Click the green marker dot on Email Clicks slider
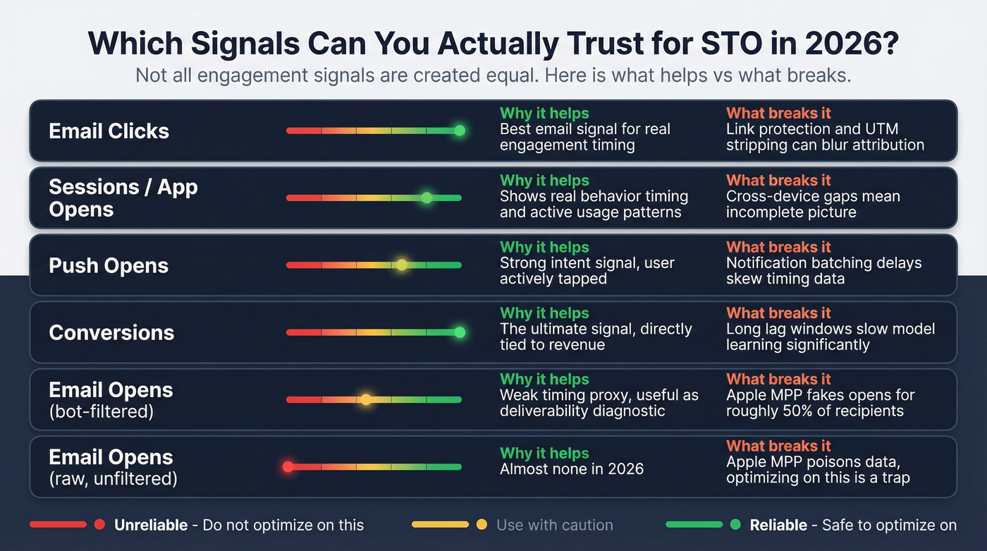[460, 131]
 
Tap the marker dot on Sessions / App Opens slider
[427, 198]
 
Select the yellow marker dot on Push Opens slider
[401, 265]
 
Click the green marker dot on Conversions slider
[460, 332]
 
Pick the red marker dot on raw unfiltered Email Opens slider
[288, 466]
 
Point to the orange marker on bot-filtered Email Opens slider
[366, 399]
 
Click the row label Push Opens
[109, 266]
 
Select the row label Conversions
[111, 333]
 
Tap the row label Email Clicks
[109, 131]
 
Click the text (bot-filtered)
[101, 411]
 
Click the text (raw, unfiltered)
[113, 478]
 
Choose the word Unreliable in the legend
[151, 525]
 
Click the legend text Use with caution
[554, 525]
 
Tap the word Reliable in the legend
[778, 525]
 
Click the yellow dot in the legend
[482, 525]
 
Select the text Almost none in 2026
[571, 468]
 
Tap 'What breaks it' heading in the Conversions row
[778, 313]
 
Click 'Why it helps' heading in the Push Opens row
[544, 247]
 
